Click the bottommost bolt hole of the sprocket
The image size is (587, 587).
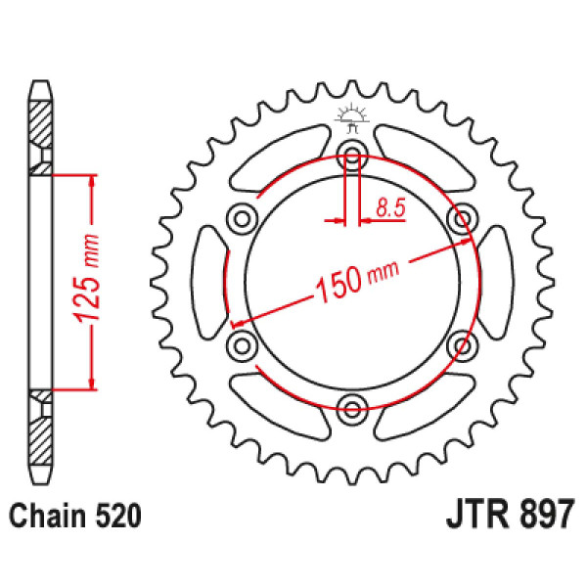point(353,406)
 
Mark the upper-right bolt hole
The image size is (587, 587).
point(464,215)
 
